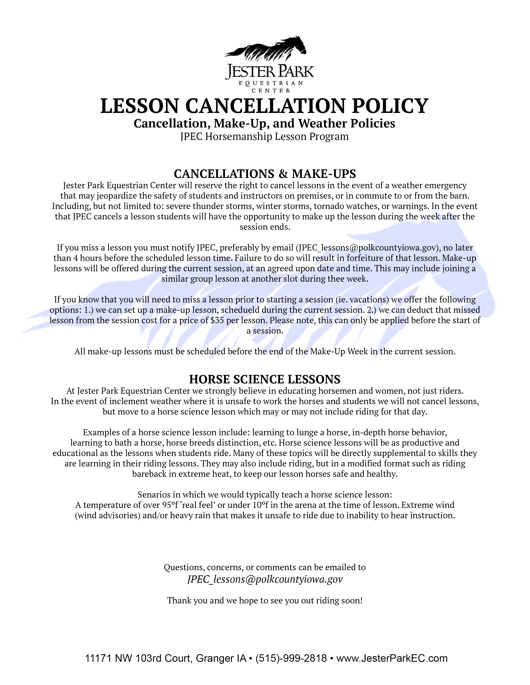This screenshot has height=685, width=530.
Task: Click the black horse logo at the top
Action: (x=266, y=50)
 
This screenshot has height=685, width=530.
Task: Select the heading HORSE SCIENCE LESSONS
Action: (x=265, y=379)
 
